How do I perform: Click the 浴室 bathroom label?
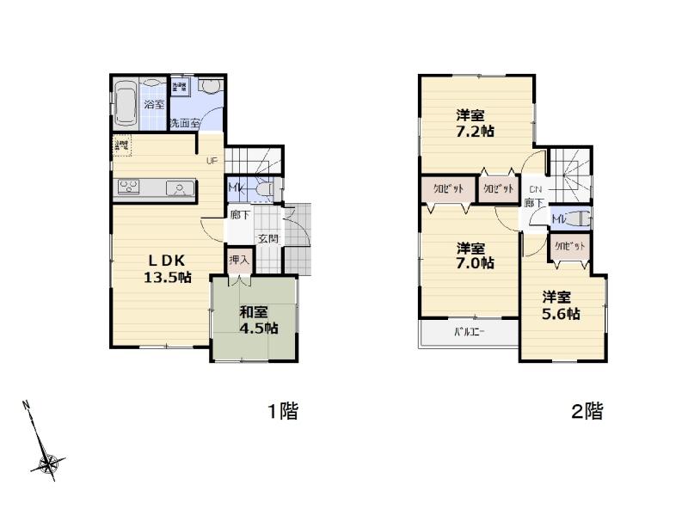click(155, 104)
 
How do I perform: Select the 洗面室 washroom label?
click(184, 123)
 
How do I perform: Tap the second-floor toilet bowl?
click(576, 218)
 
